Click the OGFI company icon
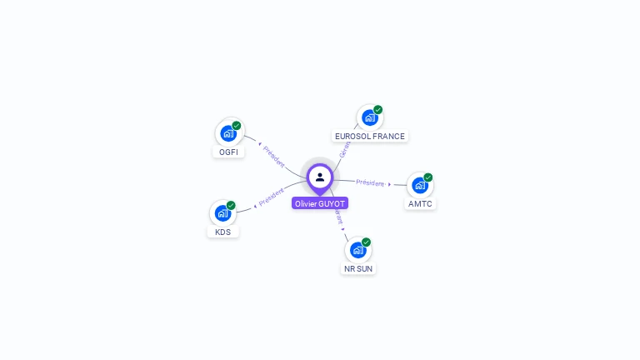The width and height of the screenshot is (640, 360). click(x=227, y=133)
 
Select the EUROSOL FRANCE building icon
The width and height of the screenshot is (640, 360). click(x=369, y=117)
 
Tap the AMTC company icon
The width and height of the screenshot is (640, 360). click(x=419, y=185)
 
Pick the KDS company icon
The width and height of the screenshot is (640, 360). click(x=222, y=213)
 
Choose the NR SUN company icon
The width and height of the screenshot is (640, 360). click(x=357, y=250)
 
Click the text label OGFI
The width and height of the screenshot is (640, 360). click(x=227, y=152)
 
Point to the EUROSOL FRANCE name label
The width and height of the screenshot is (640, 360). click(x=369, y=136)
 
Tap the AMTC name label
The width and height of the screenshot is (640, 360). click(x=421, y=203)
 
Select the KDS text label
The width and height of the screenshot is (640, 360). click(x=222, y=232)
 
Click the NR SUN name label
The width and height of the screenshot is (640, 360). click(x=358, y=268)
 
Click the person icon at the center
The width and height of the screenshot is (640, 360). click(x=320, y=177)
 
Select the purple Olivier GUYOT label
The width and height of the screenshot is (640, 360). click(x=320, y=203)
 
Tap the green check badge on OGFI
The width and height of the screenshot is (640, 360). click(x=237, y=126)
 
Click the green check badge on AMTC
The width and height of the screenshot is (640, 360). click(x=428, y=177)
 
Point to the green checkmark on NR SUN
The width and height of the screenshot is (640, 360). click(x=367, y=242)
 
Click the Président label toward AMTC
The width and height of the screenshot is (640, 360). click(x=370, y=182)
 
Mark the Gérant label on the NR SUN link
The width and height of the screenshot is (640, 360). click(x=337, y=216)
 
